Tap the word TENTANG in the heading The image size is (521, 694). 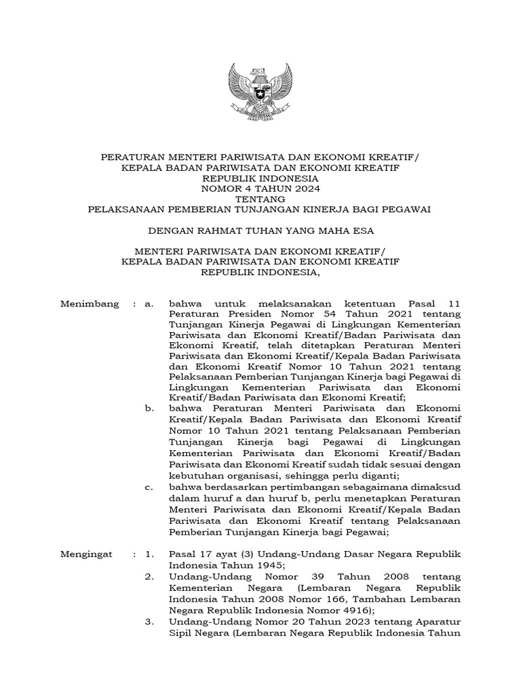260,199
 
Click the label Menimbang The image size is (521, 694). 90,303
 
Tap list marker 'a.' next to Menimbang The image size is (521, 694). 149,303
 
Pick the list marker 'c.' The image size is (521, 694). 149,486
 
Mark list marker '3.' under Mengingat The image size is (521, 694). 149,621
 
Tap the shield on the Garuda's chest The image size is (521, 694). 260,88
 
